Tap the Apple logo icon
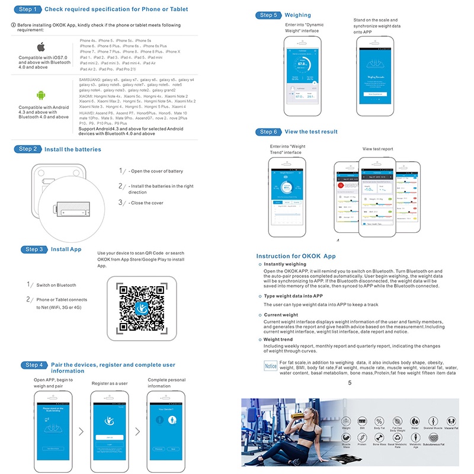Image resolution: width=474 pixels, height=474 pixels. [41, 47]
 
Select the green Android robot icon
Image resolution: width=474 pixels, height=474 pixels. [41, 95]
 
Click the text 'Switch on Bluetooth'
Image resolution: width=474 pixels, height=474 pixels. [56, 285]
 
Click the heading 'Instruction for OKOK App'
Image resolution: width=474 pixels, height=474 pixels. [296, 256]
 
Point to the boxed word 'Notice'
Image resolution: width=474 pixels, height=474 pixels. [271, 366]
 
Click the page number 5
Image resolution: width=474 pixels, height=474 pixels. [350, 383]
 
